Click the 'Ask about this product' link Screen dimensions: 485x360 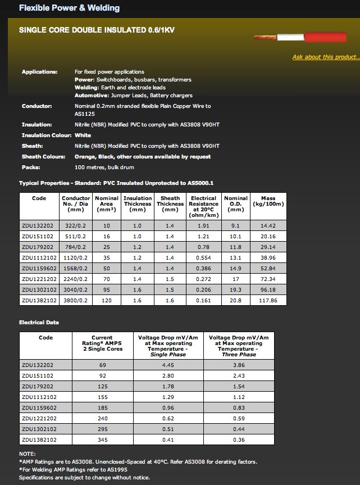coord(326,57)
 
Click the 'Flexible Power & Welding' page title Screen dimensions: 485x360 coord(69,8)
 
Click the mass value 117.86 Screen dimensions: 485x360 coord(268,301)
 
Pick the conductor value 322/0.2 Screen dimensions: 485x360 coord(75,225)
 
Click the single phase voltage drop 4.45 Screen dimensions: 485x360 coord(169,365)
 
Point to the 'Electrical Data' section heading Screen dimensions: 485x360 coord(39,323)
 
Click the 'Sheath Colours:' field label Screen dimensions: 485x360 coord(43,156)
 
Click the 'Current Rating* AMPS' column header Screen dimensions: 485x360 coord(102,344)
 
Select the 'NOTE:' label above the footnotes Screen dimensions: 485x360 coord(27,454)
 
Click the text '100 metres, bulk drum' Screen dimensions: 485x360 coord(104,167)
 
